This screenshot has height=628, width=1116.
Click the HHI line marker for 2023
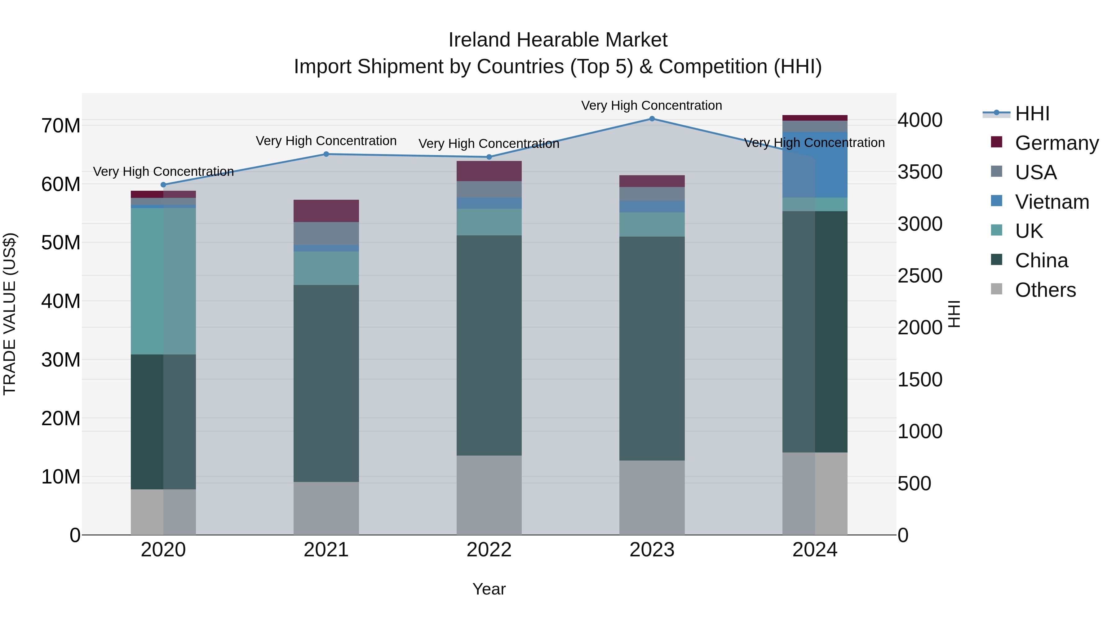point(652,119)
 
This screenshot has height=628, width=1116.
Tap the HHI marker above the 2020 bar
point(163,185)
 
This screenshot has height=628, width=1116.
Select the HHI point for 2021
point(326,154)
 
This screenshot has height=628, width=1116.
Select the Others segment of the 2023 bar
point(652,497)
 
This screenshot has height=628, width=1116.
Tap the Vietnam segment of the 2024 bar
point(814,165)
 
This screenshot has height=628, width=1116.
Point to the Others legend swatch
point(996,289)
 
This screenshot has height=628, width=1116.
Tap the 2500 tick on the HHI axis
point(920,276)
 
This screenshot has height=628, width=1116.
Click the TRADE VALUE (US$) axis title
point(10,314)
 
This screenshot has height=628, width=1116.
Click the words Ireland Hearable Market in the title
point(558,40)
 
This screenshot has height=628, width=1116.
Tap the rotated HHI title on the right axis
point(955,314)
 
